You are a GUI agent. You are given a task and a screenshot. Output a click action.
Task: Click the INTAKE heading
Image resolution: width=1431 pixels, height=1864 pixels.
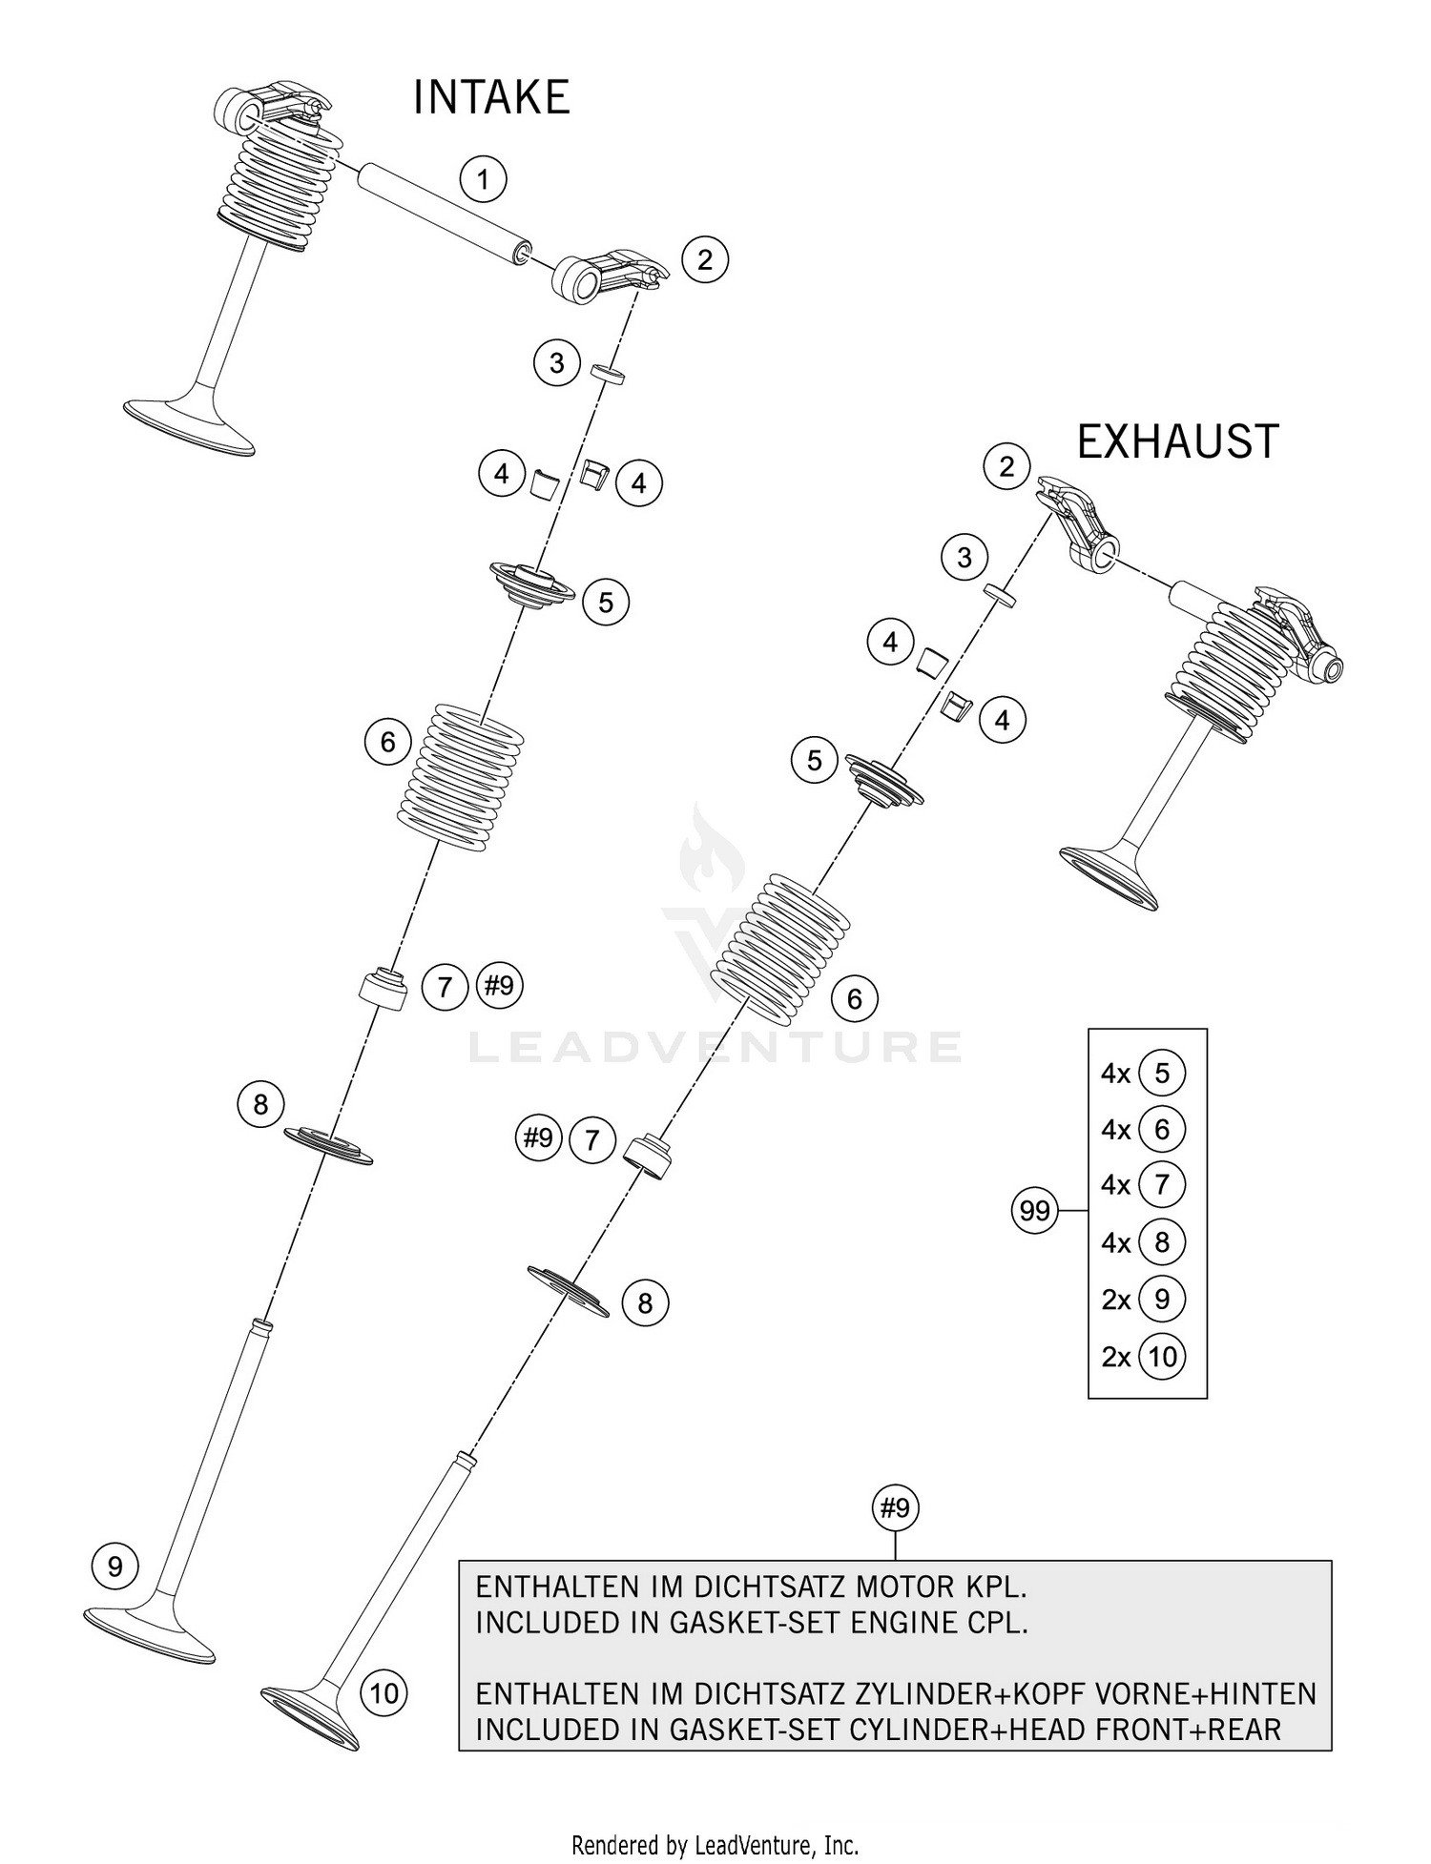click(x=491, y=98)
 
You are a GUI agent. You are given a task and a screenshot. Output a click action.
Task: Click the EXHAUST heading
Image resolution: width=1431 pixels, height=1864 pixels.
click(x=1176, y=442)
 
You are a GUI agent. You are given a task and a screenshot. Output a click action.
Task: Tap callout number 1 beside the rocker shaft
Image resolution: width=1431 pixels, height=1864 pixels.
click(x=483, y=178)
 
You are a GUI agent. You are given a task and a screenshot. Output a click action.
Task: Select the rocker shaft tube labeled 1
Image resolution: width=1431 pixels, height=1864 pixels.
click(x=444, y=212)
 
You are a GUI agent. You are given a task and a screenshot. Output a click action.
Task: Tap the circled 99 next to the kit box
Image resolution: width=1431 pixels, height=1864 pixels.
click(x=1034, y=1211)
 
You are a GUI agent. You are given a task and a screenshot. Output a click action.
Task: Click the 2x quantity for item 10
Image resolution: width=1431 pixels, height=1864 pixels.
click(x=1115, y=1357)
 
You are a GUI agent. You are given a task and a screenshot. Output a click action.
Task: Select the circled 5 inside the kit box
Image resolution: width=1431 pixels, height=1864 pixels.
click(x=1161, y=1074)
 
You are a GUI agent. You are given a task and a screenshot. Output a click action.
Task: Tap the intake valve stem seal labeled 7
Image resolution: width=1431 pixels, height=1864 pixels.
click(x=383, y=988)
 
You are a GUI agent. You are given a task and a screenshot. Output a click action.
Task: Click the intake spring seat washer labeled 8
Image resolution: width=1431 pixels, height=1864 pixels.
click(x=329, y=1143)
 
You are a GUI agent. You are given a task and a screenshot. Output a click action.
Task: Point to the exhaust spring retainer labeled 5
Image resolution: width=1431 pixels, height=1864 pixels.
click(x=884, y=781)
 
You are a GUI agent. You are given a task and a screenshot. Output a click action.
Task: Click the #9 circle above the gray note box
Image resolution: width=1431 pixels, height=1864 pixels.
click(x=895, y=1508)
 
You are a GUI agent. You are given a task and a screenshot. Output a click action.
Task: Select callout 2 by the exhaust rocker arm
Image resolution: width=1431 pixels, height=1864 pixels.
click(x=1006, y=466)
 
